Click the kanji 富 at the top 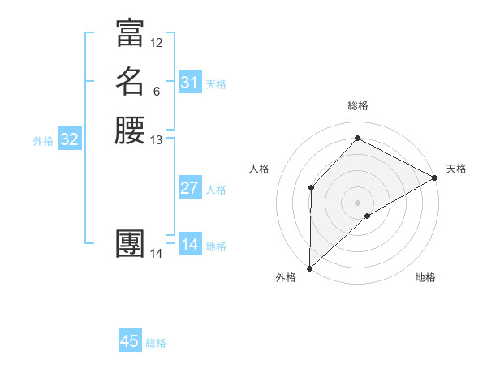tap(130, 33)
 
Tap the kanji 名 tap(130, 82)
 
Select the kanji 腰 tap(130, 131)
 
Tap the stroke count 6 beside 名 tap(157, 92)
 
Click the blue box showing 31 tap(189, 83)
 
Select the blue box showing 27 tap(189, 188)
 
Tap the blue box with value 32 tap(69, 139)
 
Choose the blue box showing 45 tap(130, 341)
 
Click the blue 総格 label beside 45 tap(156, 343)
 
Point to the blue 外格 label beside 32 tap(43, 141)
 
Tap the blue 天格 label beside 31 tap(216, 84)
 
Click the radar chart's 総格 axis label tap(357, 106)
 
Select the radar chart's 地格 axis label tap(425, 278)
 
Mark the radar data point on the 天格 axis tap(435, 178)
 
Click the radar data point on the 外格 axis tap(309, 268)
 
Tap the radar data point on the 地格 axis tap(368, 216)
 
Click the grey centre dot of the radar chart tap(357, 202)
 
